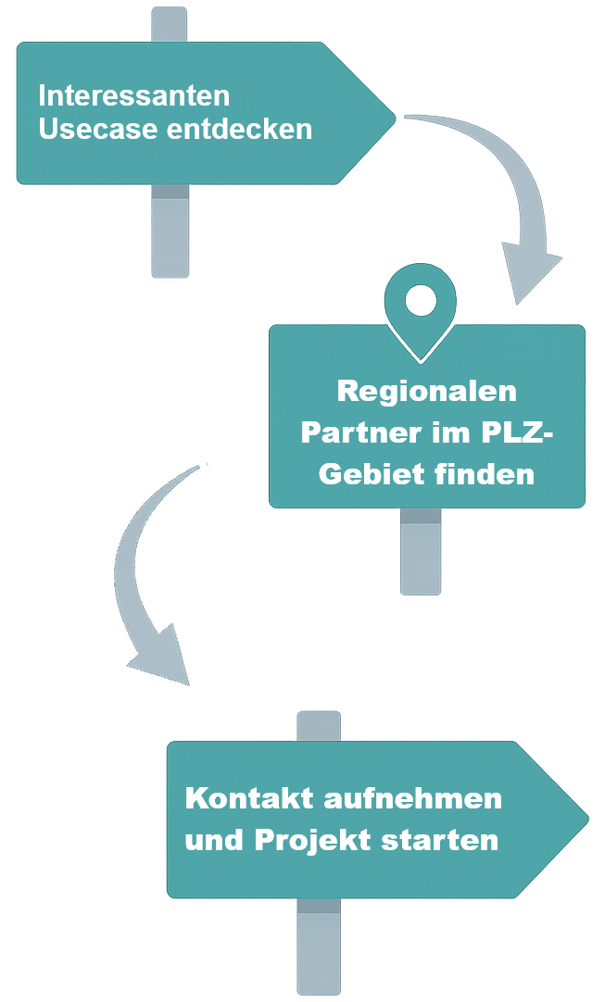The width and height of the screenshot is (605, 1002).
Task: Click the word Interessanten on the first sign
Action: [x=133, y=96]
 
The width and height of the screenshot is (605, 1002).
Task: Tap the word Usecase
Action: [x=98, y=130]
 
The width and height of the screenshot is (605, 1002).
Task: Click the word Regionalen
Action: [x=426, y=391]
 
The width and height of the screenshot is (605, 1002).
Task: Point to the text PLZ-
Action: [x=514, y=432]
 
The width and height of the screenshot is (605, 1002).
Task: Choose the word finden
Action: [x=487, y=475]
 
